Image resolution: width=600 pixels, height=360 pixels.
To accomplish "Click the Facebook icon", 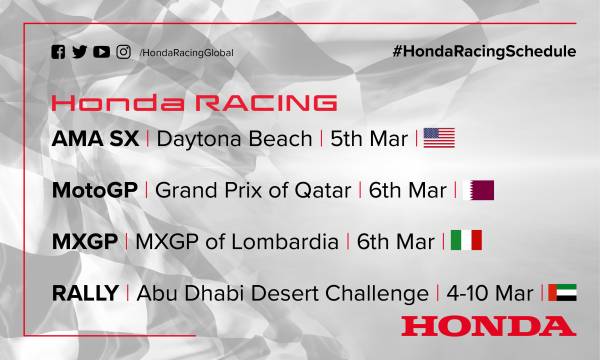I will click(59, 51).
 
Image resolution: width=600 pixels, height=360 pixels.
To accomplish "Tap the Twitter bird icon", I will click(79, 51).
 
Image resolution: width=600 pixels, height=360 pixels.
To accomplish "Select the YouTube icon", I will click(101, 51).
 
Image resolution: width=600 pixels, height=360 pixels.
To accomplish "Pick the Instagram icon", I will click(124, 51).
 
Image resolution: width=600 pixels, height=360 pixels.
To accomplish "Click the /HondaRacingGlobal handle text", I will click(187, 52).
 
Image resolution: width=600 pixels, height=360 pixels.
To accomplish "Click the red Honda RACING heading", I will click(194, 104).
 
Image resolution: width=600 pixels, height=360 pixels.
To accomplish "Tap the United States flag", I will click(439, 138).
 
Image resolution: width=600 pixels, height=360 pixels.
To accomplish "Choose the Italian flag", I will click(467, 242).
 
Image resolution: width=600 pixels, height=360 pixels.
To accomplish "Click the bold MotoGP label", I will click(94, 190).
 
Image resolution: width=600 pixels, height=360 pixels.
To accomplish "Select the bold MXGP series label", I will click(84, 242).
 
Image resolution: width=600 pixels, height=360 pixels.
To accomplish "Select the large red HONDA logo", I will click(489, 326).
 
